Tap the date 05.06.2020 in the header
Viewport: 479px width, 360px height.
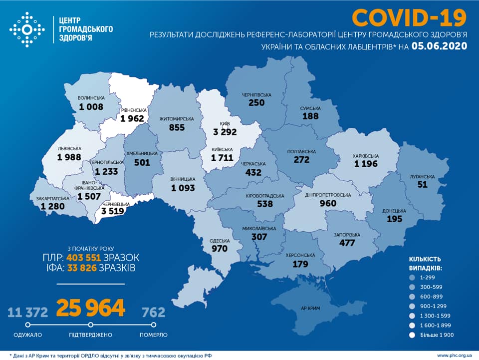[439, 46]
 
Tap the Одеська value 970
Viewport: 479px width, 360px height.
[219, 248]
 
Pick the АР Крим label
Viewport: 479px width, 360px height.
[312, 308]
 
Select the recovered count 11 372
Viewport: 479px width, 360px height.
[28, 313]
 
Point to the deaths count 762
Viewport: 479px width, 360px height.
[153, 313]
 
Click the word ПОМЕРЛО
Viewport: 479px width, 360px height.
[153, 335]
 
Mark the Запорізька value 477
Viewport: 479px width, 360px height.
[345, 243]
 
